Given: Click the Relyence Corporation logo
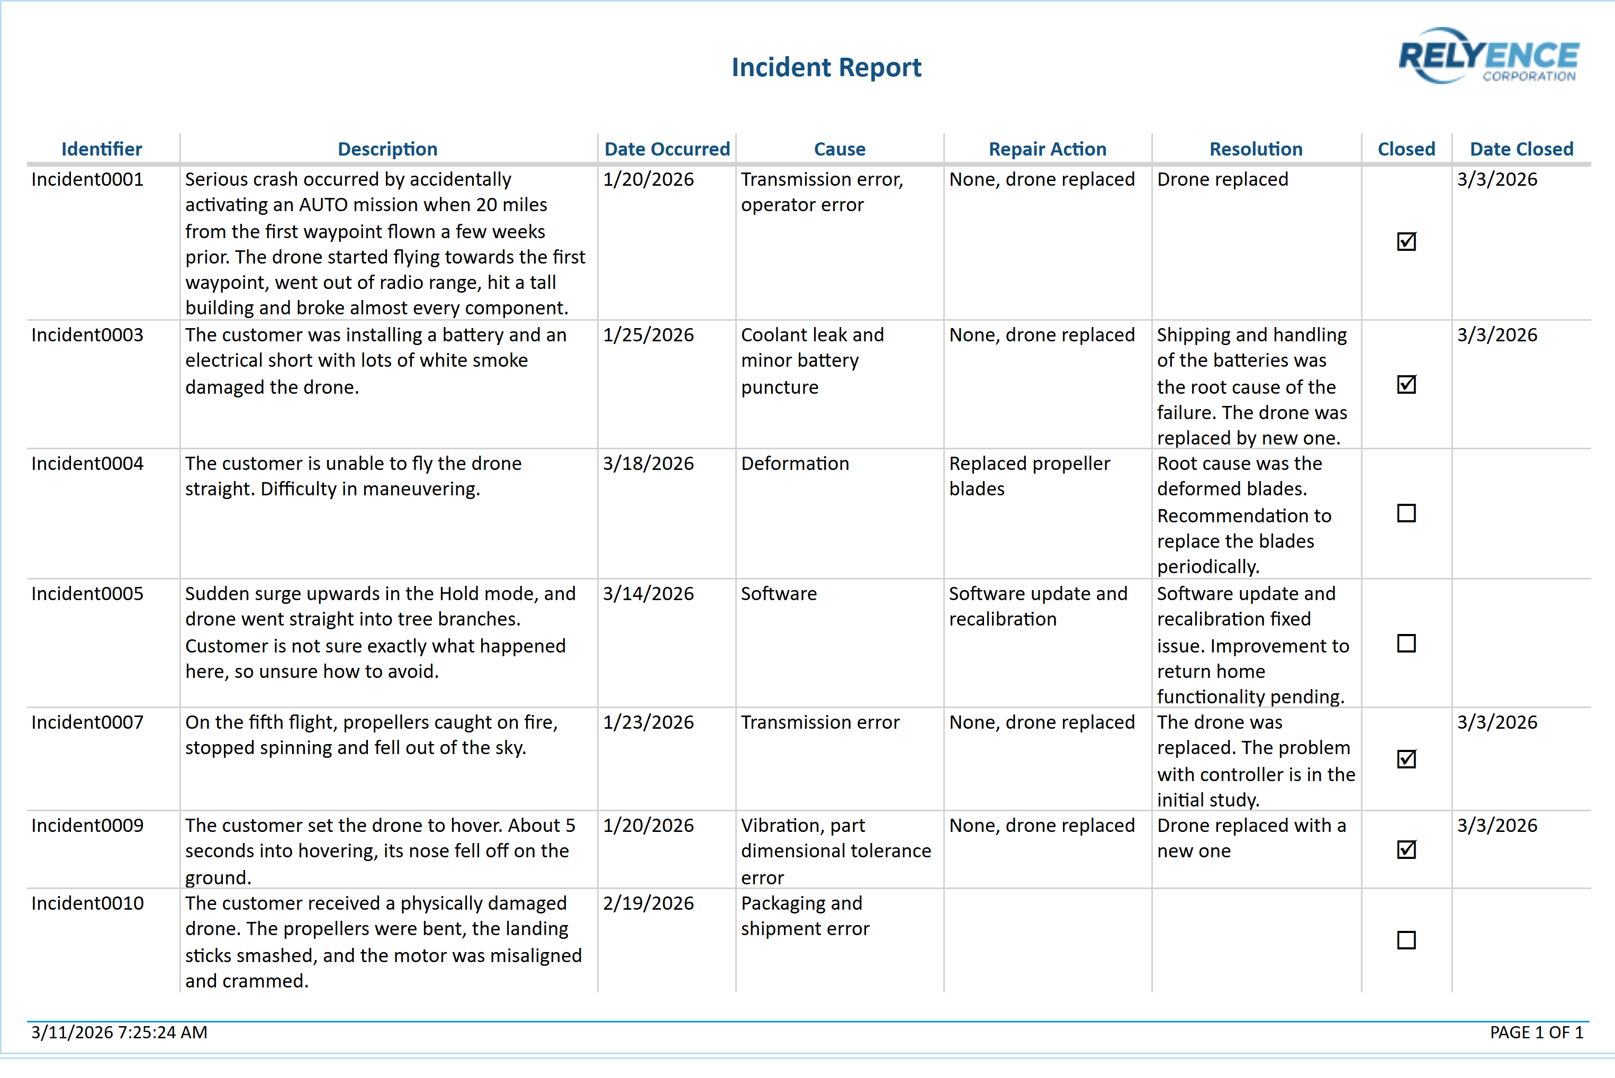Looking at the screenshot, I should (1488, 57).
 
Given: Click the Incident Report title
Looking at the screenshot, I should (826, 67).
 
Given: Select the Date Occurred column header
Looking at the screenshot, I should (666, 149).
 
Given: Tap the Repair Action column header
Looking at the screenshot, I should (1046, 149).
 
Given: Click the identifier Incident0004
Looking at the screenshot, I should (87, 464).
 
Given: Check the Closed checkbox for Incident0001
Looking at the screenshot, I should (1406, 242).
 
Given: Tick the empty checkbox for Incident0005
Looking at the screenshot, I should (1406, 644).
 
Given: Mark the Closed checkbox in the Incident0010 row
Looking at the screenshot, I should (1406, 940).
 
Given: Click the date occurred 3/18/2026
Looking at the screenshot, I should (648, 464).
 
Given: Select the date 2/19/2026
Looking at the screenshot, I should (648, 903).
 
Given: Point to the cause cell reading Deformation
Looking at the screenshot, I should (795, 464).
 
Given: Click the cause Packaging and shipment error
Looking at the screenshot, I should (805, 916).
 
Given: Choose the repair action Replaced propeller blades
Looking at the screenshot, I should (1028, 476).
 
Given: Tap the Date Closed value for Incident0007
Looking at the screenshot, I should (1497, 722).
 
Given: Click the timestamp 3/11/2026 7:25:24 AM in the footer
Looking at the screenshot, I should (119, 1032).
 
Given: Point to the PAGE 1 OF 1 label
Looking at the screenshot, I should (1536, 1032).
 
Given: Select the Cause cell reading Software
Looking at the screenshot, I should (778, 594).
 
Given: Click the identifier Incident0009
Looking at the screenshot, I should (87, 826).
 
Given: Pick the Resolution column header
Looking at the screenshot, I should (1256, 149).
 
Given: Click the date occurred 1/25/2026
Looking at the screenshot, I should (648, 335).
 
